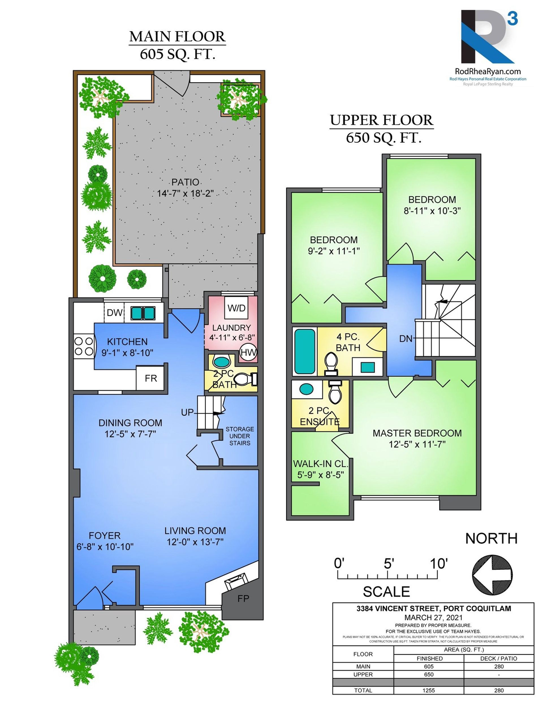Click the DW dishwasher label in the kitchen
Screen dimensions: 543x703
click(x=115, y=312)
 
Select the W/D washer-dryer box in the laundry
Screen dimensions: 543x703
click(x=236, y=308)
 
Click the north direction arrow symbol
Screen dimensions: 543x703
click(x=492, y=575)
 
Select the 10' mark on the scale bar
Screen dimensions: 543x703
click(x=439, y=563)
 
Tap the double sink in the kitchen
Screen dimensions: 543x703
click(x=143, y=313)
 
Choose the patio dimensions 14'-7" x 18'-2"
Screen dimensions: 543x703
click(x=185, y=194)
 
